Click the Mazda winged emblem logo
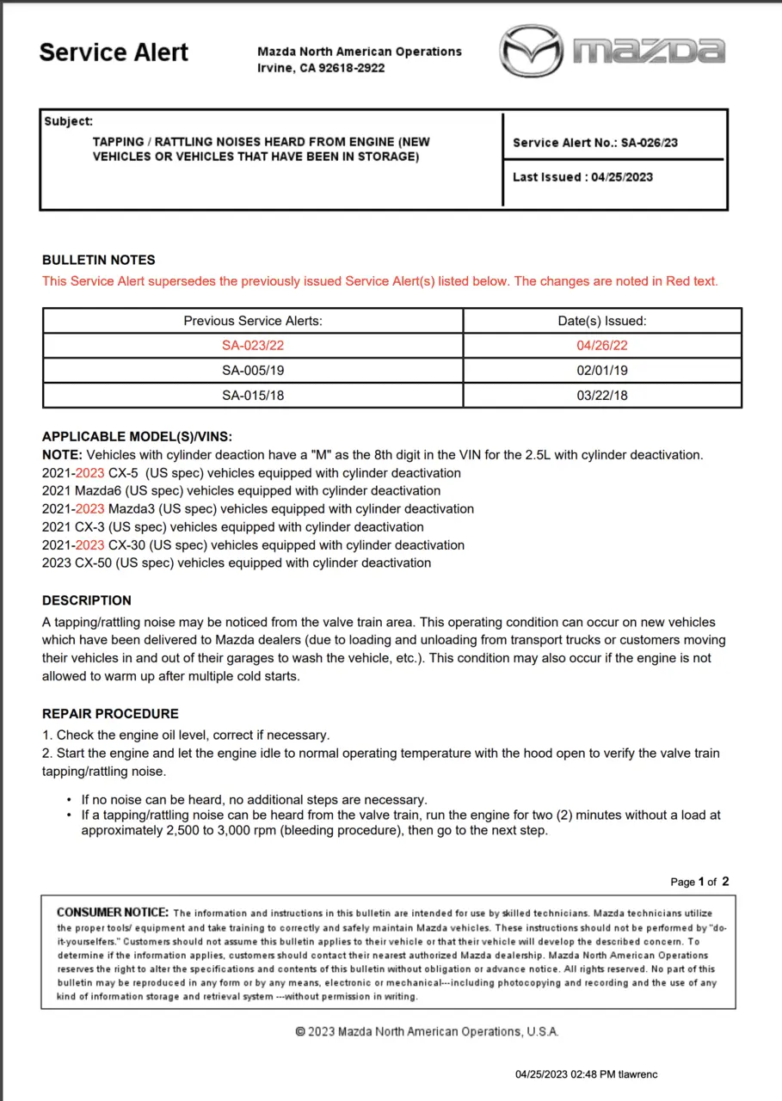pyautogui.click(x=532, y=52)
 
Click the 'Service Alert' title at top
pyautogui.click(x=114, y=52)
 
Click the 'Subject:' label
pyautogui.click(x=69, y=122)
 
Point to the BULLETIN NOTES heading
pyautogui.click(x=99, y=260)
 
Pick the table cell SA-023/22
pyautogui.click(x=253, y=346)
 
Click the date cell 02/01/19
pyautogui.click(x=602, y=370)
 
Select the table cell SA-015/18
pyautogui.click(x=253, y=395)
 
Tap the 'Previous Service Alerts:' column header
pyautogui.click(x=253, y=321)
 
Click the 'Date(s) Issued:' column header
pyautogui.click(x=602, y=321)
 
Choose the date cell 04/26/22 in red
pyautogui.click(x=602, y=346)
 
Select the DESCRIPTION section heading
pyautogui.click(x=87, y=600)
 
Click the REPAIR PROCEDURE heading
pyautogui.click(x=110, y=714)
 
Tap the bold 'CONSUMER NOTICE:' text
pyautogui.click(x=113, y=913)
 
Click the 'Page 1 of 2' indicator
pyautogui.click(x=699, y=882)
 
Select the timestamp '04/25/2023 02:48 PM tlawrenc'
pyautogui.click(x=587, y=1074)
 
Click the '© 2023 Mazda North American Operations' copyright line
pyautogui.click(x=427, y=1031)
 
